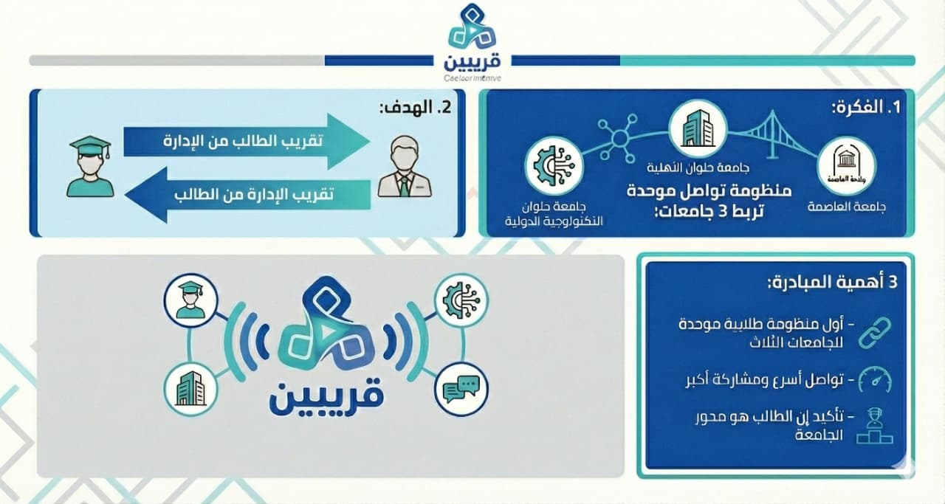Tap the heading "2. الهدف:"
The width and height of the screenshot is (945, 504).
[415, 108]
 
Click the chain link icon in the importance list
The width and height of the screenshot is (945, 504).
[874, 332]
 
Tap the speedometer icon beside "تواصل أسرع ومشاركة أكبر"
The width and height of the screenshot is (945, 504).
[874, 381]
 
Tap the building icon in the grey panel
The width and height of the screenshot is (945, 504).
[190, 388]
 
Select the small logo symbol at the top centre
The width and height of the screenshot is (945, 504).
[472, 28]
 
